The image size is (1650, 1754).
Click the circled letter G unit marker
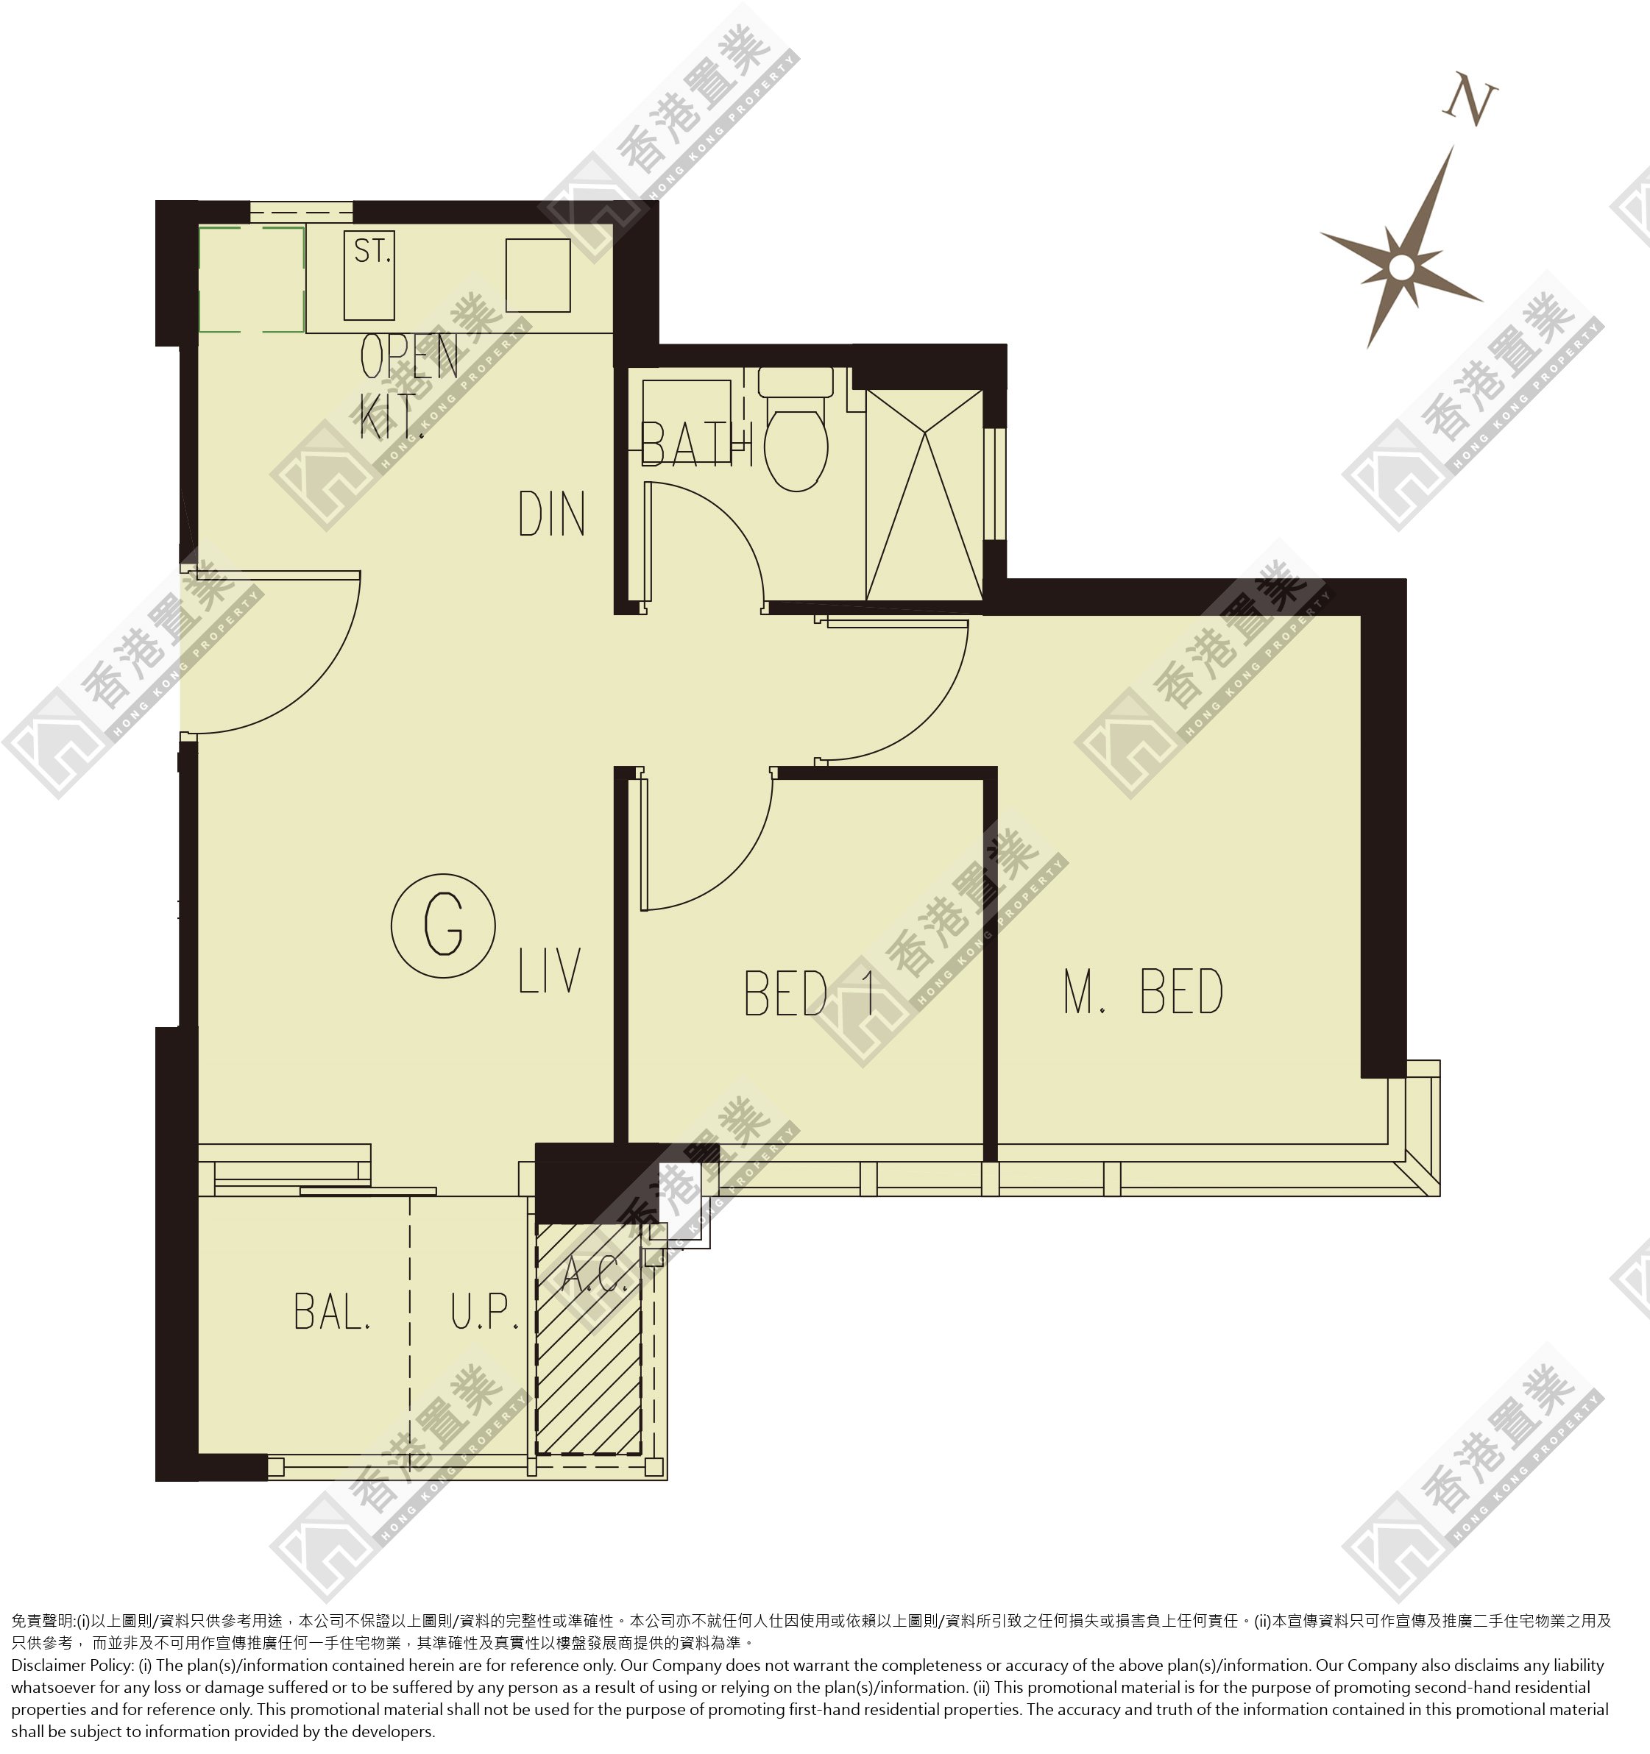pyautogui.click(x=443, y=926)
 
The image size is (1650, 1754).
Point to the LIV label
pyautogui.click(x=549, y=970)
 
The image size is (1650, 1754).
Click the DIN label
pyautogui.click(x=551, y=514)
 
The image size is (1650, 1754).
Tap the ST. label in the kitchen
pyautogui.click(x=372, y=252)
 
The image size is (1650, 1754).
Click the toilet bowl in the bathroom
pyautogui.click(x=796, y=446)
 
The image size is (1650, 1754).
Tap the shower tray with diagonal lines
pyautogui.click(x=924, y=495)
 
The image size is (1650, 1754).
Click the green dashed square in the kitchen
pyautogui.click(x=252, y=280)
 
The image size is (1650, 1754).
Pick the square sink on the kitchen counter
pyautogui.click(x=537, y=274)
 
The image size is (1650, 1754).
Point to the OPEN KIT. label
pyautogui.click(x=409, y=387)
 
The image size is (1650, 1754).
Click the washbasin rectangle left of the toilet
pyautogui.click(x=687, y=417)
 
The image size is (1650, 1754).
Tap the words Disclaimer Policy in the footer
pyautogui.click(x=72, y=1665)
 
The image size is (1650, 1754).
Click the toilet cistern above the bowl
pyautogui.click(x=795, y=382)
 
